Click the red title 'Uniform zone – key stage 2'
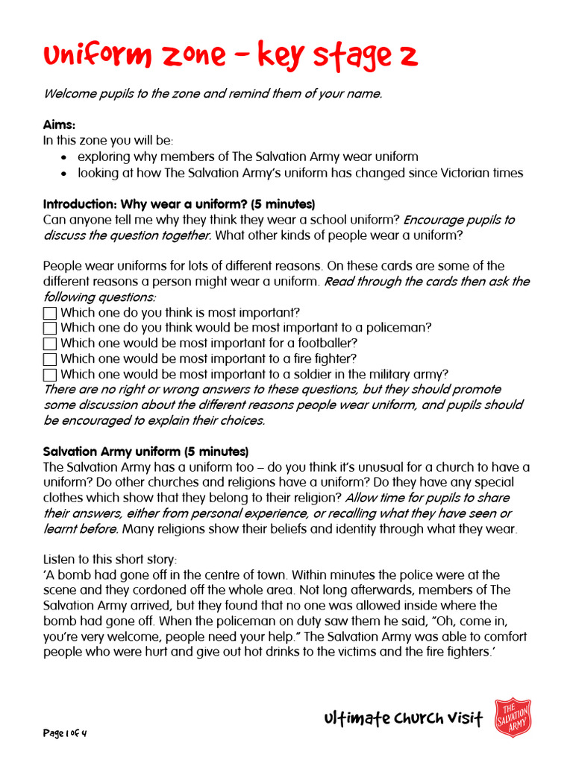(x=230, y=56)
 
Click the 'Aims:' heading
(x=59, y=125)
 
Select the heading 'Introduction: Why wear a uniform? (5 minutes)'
(x=179, y=204)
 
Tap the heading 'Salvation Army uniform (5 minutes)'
(x=145, y=452)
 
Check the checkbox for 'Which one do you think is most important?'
(x=50, y=313)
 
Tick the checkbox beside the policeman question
(x=50, y=329)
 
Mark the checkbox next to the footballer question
(x=50, y=344)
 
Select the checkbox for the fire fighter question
(x=50, y=359)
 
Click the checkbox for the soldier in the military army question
(x=50, y=375)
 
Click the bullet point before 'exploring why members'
(x=64, y=157)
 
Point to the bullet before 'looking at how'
(x=64, y=174)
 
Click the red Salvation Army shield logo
(x=513, y=718)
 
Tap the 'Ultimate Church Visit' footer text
(x=404, y=718)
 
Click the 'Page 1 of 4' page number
(x=65, y=733)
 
